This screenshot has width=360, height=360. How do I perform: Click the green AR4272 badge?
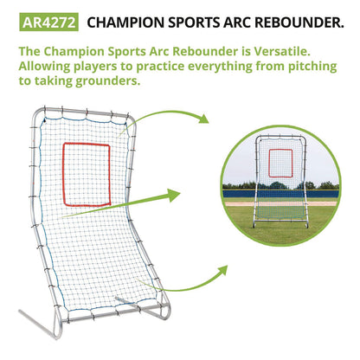click(42, 20)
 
